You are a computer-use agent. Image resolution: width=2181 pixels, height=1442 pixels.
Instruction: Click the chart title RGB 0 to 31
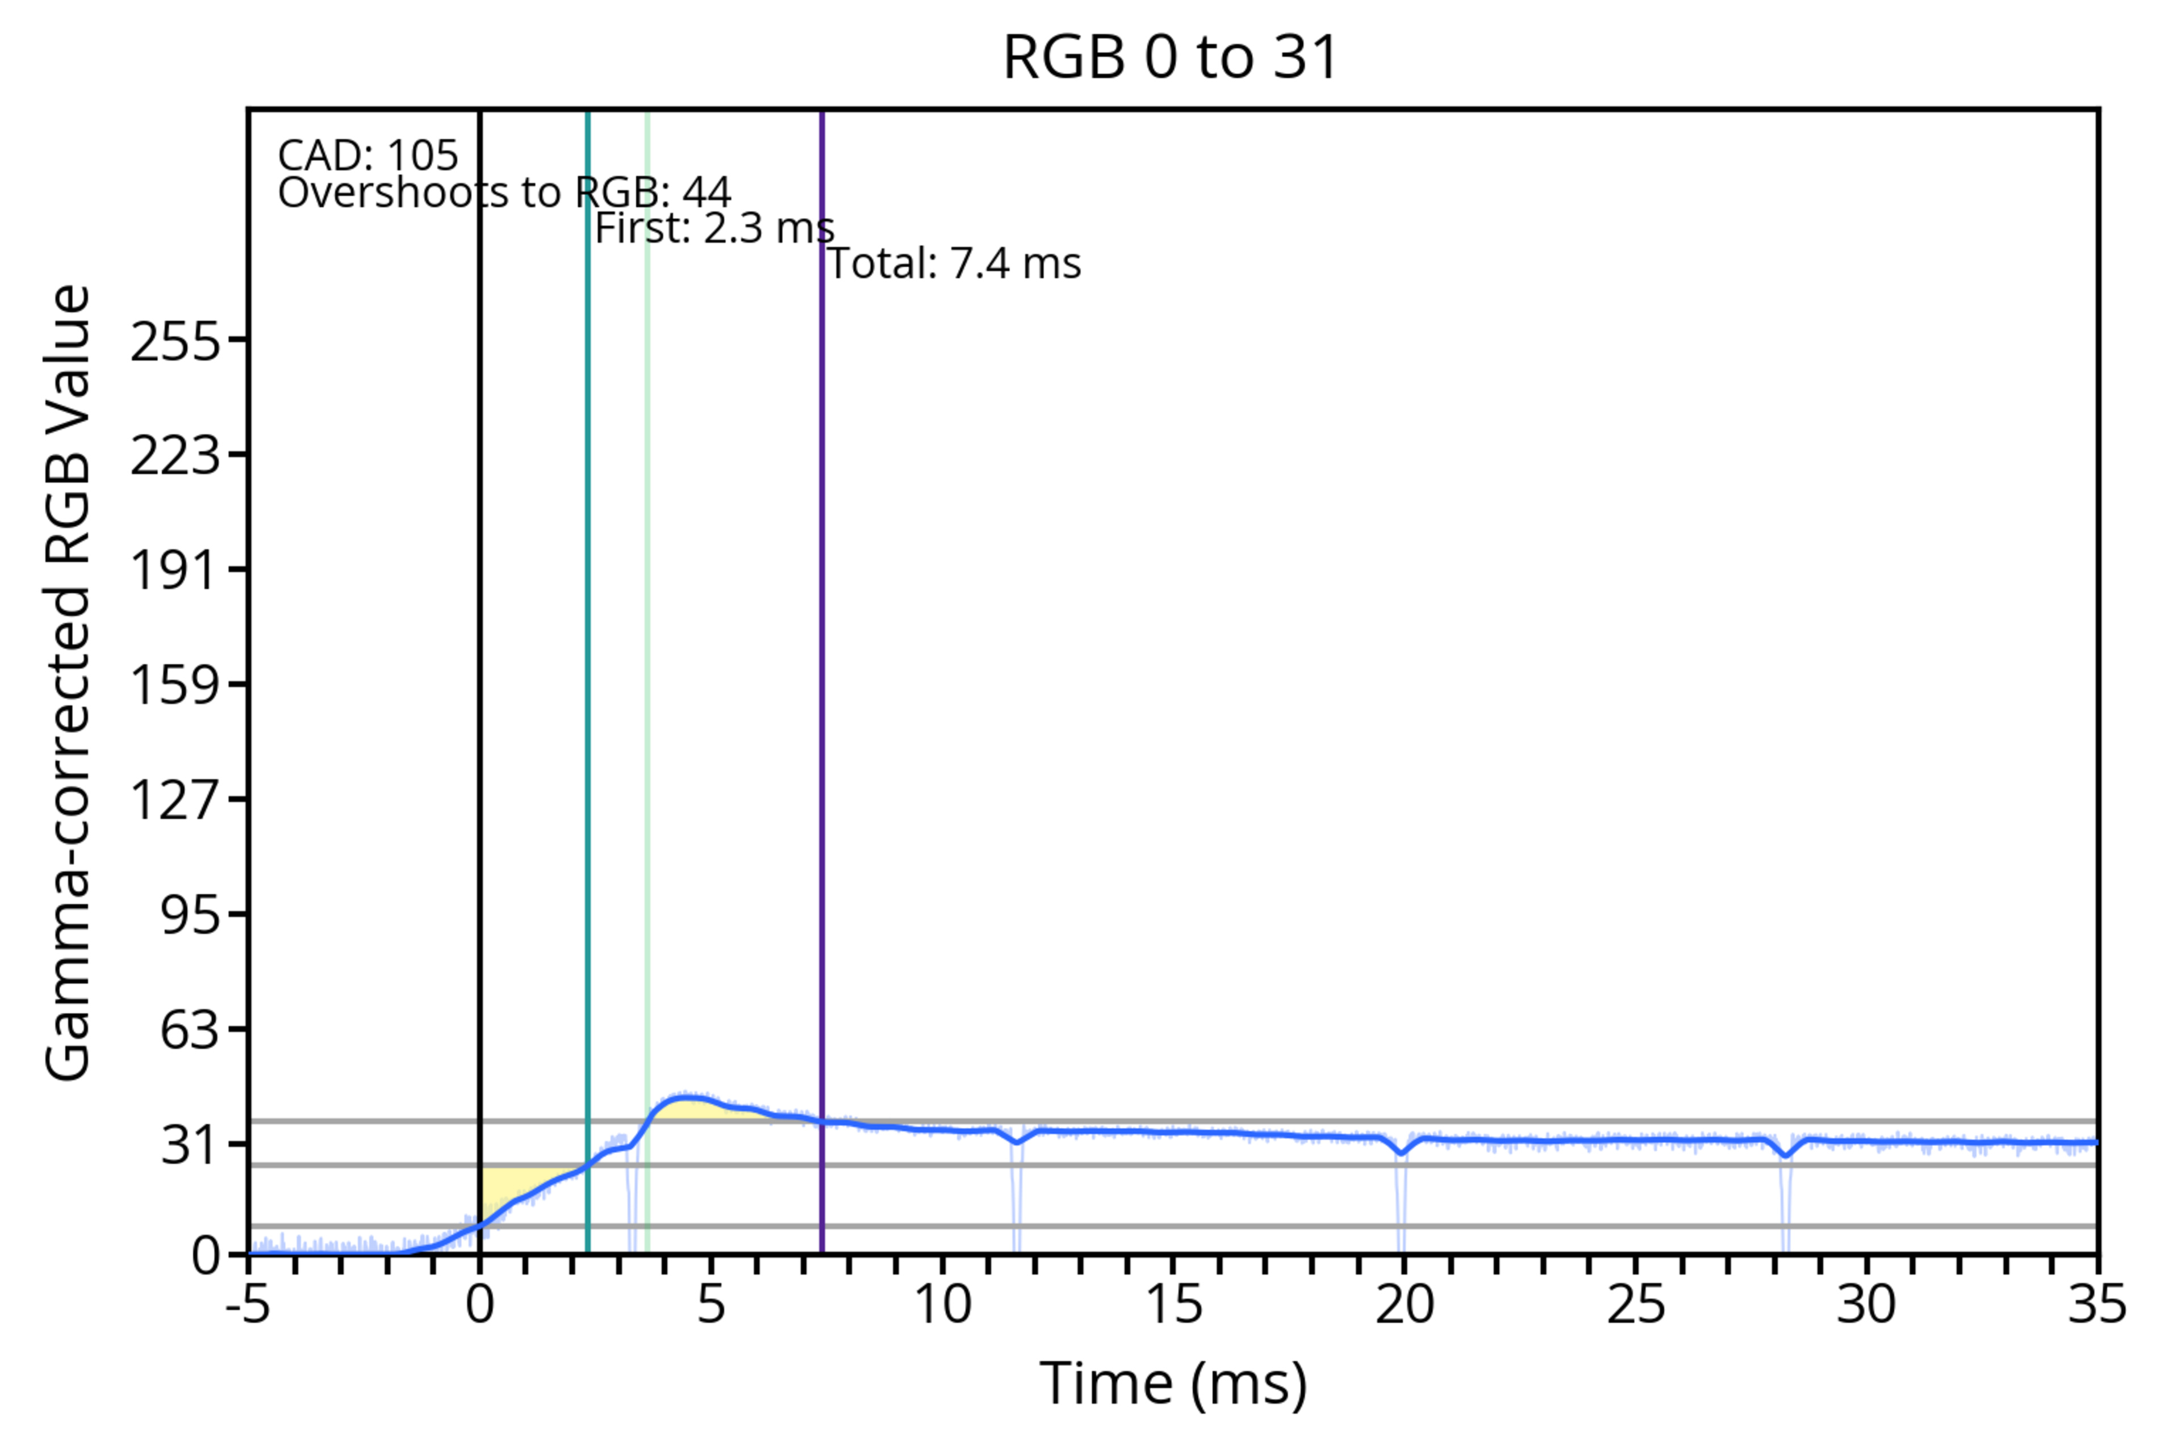coord(1170,57)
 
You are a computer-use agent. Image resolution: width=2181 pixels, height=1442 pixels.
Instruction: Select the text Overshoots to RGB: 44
coord(504,193)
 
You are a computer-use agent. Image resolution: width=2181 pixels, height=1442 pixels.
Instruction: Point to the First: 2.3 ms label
coord(714,228)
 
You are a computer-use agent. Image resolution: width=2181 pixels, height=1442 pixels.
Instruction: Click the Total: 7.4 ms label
coord(954,264)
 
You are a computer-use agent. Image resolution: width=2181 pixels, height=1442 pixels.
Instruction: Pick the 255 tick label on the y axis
coord(176,342)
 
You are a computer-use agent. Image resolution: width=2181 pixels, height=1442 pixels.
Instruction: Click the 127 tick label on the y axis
coord(176,799)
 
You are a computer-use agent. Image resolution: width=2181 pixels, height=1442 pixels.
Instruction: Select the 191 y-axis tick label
coord(176,570)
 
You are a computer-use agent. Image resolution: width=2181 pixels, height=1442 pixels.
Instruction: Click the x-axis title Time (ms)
coord(1173,1384)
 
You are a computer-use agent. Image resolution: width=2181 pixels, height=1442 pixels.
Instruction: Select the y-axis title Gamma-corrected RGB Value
coord(68,682)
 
